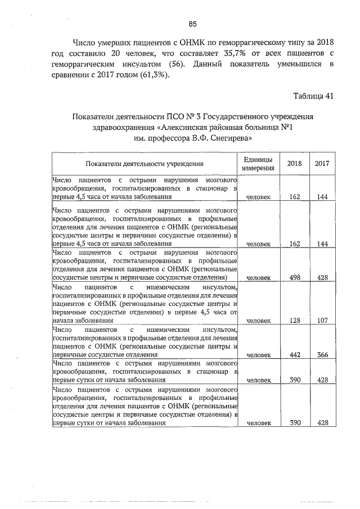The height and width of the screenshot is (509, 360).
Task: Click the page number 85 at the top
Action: tap(192, 24)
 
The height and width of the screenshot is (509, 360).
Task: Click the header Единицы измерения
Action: tap(259, 163)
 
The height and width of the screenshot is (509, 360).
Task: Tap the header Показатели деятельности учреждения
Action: tap(145, 164)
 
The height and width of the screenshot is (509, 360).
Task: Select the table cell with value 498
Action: tap(294, 277)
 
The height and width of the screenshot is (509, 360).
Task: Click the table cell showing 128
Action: tap(294, 321)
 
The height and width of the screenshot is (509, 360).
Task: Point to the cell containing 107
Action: tap(322, 321)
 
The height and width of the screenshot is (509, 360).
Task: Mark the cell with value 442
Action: tap(294, 355)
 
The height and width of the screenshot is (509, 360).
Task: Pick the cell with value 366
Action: tap(322, 355)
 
